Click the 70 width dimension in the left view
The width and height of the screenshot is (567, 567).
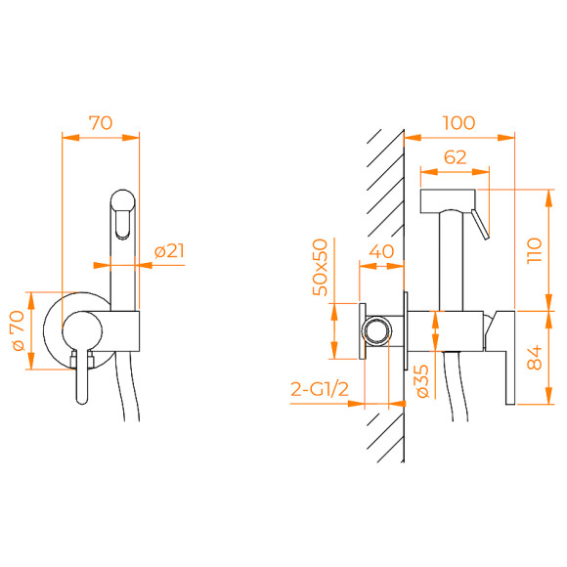click(101, 123)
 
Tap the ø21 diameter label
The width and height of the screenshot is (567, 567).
click(169, 252)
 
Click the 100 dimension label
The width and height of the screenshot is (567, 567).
click(458, 123)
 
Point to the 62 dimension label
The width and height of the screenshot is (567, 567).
click(455, 156)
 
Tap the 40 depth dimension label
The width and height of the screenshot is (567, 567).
click(382, 252)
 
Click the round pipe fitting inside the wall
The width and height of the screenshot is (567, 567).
click(375, 330)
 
